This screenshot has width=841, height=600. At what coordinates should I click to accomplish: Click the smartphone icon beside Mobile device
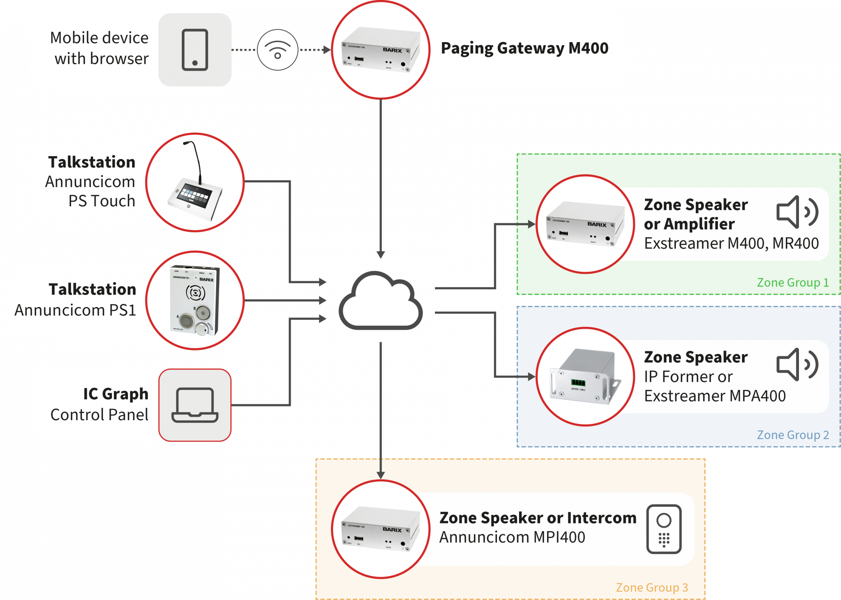[195, 50]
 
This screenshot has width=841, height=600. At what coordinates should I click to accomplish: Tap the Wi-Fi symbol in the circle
[277, 50]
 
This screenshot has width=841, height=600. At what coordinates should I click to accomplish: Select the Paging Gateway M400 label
[525, 48]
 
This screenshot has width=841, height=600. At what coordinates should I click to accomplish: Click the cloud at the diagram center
[381, 301]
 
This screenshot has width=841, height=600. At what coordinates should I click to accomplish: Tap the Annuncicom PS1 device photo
[195, 300]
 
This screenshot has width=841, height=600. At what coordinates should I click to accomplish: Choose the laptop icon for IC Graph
[195, 405]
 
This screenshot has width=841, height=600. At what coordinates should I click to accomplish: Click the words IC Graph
[116, 394]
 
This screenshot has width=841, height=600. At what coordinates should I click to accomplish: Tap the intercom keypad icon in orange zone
[664, 529]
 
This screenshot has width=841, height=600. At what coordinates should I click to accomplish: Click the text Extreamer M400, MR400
[731, 243]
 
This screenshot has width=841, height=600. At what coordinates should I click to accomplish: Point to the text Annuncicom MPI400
[512, 537]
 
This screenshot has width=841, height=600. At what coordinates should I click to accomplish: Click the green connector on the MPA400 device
[578, 382]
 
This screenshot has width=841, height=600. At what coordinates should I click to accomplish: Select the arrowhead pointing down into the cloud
[381, 254]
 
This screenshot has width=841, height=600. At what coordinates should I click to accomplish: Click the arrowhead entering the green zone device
[531, 224]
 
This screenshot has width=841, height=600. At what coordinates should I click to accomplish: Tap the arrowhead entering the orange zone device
[381, 475]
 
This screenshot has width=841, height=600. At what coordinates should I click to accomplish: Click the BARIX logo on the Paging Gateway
[392, 50]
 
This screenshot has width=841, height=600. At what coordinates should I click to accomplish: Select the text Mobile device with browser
[99, 48]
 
